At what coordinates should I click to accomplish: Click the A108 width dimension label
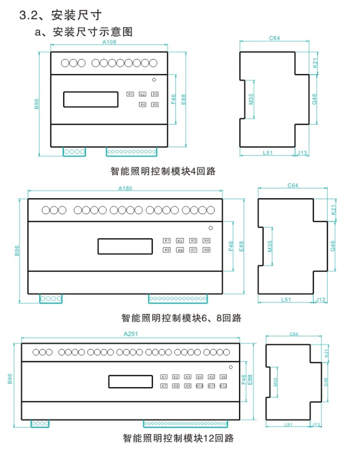[x=109, y=42]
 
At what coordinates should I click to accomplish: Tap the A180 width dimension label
[x=125, y=188]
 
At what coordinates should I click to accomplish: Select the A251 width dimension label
[x=131, y=334]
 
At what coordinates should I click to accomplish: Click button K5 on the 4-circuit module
[x=155, y=104]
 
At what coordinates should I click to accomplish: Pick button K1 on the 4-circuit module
[x=130, y=94]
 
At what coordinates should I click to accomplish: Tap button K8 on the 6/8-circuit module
[x=206, y=250]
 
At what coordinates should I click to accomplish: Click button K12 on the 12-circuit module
[x=223, y=386]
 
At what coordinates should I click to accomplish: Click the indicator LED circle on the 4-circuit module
[x=154, y=80]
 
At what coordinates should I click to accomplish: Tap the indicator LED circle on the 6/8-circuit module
[x=210, y=228]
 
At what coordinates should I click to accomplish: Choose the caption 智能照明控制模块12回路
[x=178, y=439]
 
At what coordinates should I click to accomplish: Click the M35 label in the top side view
[x=251, y=99]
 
